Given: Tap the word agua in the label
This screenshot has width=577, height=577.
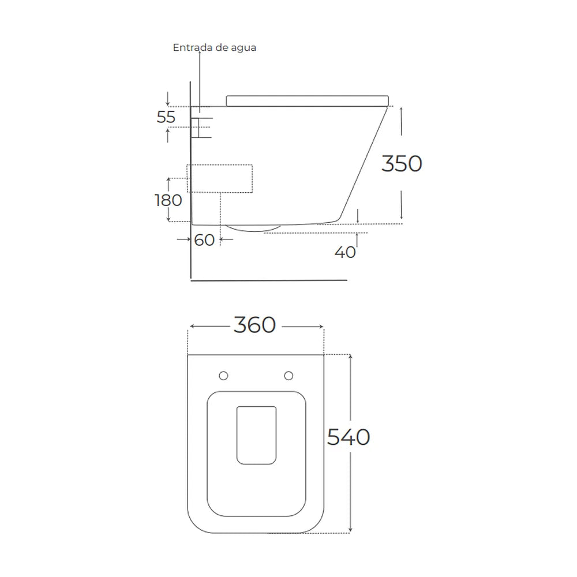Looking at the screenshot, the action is (x=243, y=48).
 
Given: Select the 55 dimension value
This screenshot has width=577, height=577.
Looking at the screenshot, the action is (x=166, y=117).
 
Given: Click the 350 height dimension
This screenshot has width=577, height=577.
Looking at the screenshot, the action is (x=402, y=163).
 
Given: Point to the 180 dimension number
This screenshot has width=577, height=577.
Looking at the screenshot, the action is (x=168, y=200).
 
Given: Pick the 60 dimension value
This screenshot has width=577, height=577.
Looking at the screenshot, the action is (x=204, y=240).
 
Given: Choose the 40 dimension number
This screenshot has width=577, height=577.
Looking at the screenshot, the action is (x=345, y=252).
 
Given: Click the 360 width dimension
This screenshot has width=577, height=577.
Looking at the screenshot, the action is (x=254, y=325).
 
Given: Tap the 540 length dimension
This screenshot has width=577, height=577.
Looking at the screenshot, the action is (x=349, y=437).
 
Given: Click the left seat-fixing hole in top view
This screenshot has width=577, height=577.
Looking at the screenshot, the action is (x=223, y=376).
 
